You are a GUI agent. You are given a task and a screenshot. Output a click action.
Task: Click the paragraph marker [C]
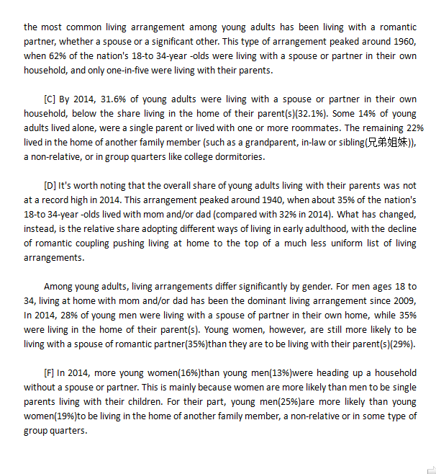(50, 99)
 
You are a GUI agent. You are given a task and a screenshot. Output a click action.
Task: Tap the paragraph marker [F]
(50, 372)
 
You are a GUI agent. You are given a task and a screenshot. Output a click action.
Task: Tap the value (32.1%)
(311, 113)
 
